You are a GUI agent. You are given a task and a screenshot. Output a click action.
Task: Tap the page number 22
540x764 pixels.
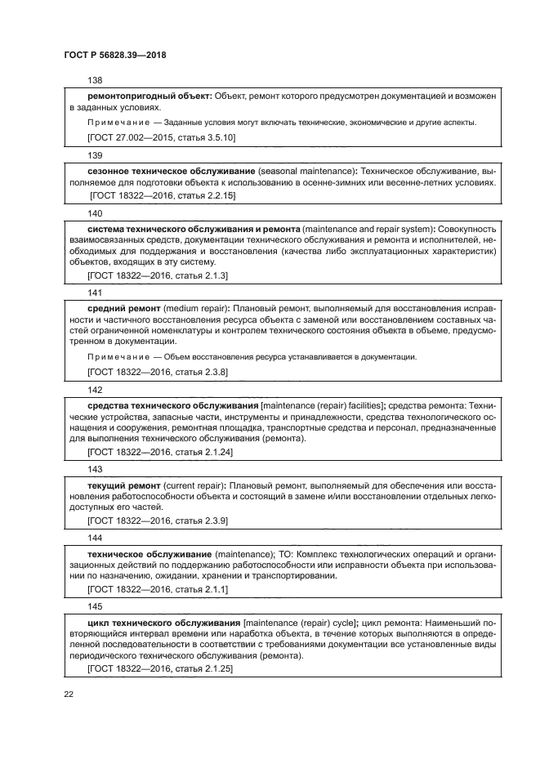[x=69, y=695]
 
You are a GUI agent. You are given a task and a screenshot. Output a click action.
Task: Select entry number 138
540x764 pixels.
[x=94, y=81]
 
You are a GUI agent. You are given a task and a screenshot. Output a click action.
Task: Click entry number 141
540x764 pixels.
[x=94, y=292]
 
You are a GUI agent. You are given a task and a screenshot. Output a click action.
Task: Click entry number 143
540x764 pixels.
[x=94, y=469]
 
